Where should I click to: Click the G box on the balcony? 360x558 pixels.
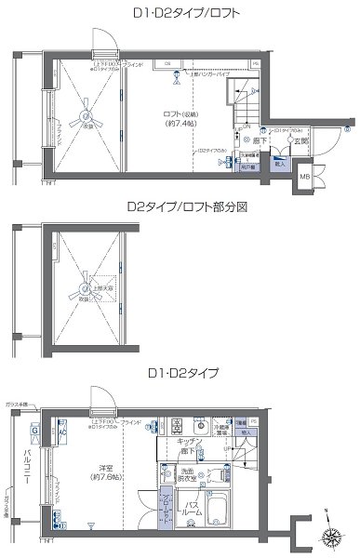33,431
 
